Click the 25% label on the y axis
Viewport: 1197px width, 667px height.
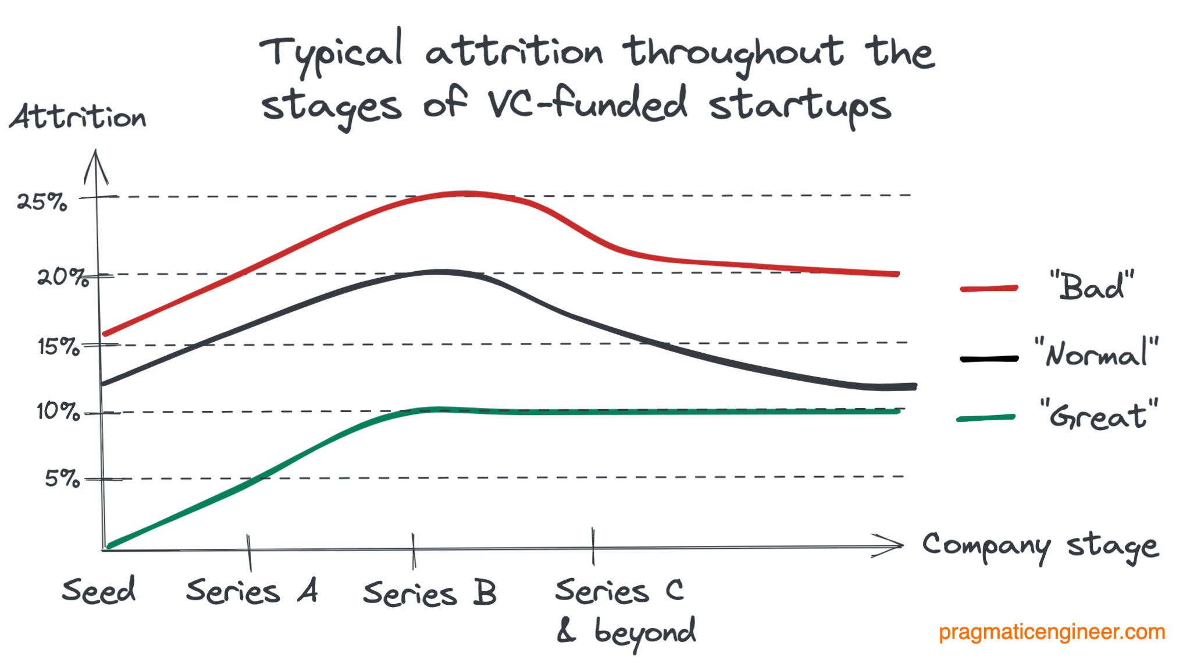point(42,203)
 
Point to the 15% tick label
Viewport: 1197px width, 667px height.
point(58,347)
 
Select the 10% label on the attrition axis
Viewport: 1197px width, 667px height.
point(58,412)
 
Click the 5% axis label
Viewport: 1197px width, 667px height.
point(62,478)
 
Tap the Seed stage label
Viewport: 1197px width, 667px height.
point(99,590)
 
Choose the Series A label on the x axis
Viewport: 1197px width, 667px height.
point(252,591)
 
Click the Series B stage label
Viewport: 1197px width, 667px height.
point(430,593)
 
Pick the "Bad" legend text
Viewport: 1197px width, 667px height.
point(1092,286)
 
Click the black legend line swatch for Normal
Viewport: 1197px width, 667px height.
point(989,359)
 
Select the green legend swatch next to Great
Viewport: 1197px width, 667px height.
point(986,418)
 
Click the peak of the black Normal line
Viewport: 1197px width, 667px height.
point(442,272)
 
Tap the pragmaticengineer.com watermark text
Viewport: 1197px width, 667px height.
point(1052,632)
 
